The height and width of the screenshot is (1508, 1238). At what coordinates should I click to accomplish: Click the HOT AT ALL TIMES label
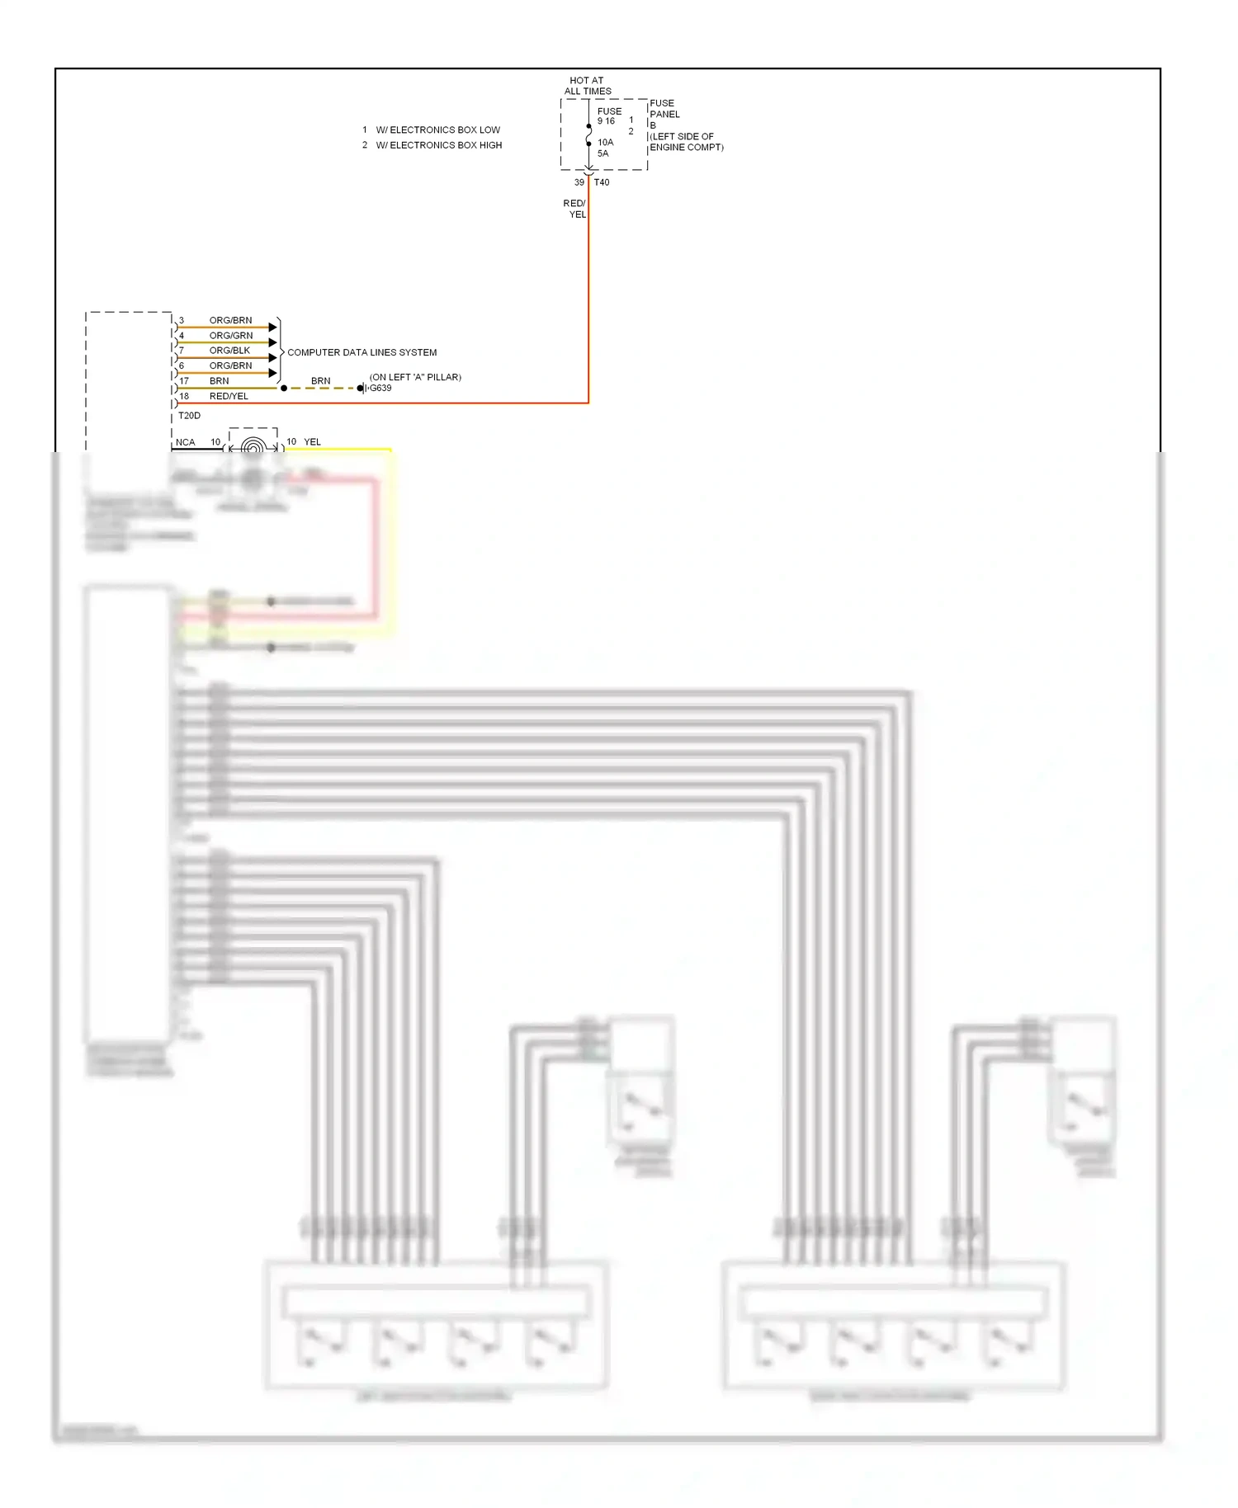pyautogui.click(x=587, y=86)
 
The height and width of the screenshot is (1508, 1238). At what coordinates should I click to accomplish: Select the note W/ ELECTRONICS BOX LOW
pyautogui.click(x=437, y=130)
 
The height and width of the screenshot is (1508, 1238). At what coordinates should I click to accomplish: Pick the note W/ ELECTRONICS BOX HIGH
pyautogui.click(x=438, y=145)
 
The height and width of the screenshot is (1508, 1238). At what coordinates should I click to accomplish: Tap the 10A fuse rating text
pyautogui.click(x=605, y=142)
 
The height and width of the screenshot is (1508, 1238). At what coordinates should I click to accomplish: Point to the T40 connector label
pyautogui.click(x=602, y=182)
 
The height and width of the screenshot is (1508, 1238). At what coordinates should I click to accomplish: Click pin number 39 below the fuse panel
pyautogui.click(x=579, y=182)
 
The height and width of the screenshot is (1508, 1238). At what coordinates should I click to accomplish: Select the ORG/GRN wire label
pyautogui.click(x=231, y=336)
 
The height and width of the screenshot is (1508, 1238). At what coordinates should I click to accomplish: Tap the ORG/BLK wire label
pyautogui.click(x=229, y=351)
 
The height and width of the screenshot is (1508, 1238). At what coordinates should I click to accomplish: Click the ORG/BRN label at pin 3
pyautogui.click(x=230, y=320)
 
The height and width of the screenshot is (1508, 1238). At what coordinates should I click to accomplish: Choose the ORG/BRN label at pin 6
pyautogui.click(x=230, y=365)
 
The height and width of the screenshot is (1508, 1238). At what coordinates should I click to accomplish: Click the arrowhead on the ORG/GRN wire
pyautogui.click(x=272, y=342)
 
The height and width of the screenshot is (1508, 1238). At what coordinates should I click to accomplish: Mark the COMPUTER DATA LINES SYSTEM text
pyautogui.click(x=361, y=352)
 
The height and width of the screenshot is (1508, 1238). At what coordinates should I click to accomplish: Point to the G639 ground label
pyautogui.click(x=380, y=388)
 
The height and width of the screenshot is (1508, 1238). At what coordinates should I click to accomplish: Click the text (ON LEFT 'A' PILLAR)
pyautogui.click(x=415, y=377)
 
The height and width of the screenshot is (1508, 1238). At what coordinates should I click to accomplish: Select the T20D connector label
pyautogui.click(x=189, y=416)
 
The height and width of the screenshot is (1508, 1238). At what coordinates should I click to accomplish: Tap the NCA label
pyautogui.click(x=185, y=442)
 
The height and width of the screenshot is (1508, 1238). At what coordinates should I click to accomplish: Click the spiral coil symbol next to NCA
pyautogui.click(x=253, y=445)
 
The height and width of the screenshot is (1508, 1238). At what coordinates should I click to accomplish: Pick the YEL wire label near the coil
pyautogui.click(x=312, y=442)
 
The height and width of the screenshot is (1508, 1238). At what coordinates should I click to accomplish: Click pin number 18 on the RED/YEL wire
pyautogui.click(x=184, y=396)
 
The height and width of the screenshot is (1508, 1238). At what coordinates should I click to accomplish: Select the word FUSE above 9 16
pyautogui.click(x=609, y=111)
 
